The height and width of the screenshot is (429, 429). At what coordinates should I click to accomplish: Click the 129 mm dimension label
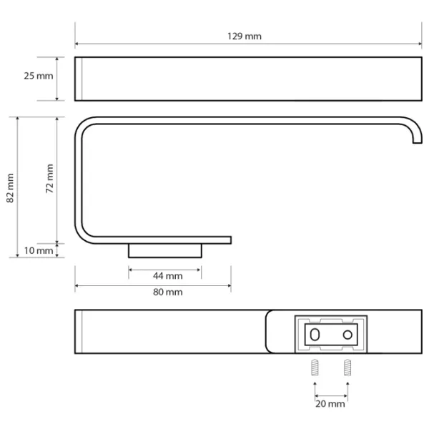tap(245, 36)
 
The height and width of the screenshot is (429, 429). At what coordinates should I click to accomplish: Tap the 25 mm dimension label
tap(39, 76)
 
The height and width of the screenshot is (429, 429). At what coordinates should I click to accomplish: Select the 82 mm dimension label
tap(10, 188)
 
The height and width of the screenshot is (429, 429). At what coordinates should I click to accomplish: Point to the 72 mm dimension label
tap(49, 178)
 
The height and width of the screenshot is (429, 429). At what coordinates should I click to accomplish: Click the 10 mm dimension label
tap(39, 250)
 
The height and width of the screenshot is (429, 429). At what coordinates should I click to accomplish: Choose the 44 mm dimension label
tap(168, 276)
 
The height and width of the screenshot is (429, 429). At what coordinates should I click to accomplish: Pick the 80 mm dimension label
tap(168, 292)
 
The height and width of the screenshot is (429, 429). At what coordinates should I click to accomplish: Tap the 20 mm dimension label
tap(330, 403)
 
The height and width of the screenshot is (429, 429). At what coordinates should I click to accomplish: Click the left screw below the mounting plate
tap(315, 368)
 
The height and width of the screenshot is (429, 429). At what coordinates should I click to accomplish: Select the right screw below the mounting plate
tap(347, 368)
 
